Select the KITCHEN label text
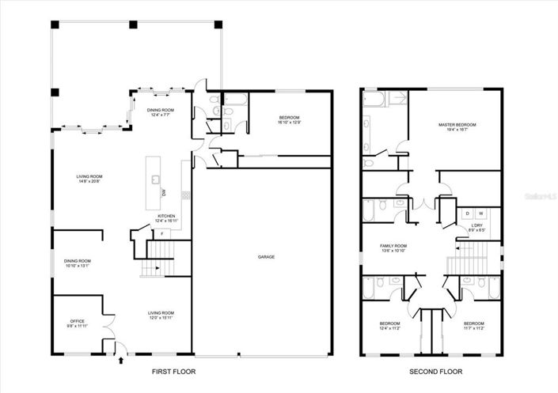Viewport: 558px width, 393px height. (165, 217)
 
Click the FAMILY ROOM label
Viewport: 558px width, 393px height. (394, 248)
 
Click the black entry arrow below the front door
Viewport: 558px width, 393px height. (120, 360)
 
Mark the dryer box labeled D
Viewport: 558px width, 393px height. (467, 214)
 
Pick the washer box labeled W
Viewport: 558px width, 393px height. (480, 214)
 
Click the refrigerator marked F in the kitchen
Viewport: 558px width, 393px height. (162, 233)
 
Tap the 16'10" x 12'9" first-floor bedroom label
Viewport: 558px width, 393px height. (290, 120)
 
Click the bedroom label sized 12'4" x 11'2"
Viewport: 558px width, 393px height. (389, 326)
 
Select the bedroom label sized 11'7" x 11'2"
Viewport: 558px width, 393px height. (473, 326)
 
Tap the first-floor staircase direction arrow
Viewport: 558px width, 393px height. (158, 268)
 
